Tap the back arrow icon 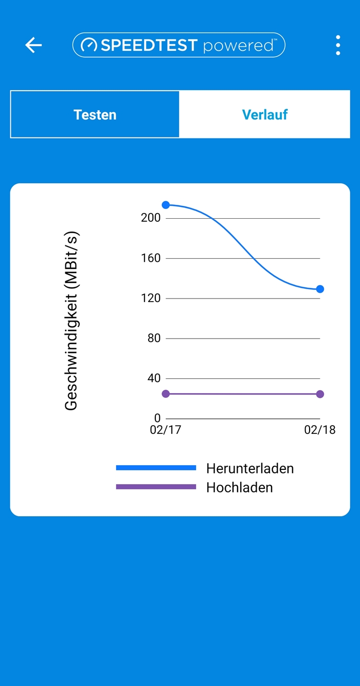coord(33,45)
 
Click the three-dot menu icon coord(338,45)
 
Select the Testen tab coord(95,114)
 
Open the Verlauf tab coord(265,114)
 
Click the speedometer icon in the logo coord(89,45)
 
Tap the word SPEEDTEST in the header coord(149,45)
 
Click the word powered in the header coord(238,46)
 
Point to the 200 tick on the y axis coord(151,218)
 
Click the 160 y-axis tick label coord(151,258)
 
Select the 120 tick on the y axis coord(151,298)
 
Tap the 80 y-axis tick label coord(154,338)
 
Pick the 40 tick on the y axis coord(154,378)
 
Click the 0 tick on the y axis coord(157,418)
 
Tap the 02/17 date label coord(166,430)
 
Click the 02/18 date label coord(319,430)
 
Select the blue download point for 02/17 coord(166,205)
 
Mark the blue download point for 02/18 coord(320,289)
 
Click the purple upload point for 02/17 coord(166,394)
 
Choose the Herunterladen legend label coord(250,468)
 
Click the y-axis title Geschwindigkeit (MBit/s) coord(71,321)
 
